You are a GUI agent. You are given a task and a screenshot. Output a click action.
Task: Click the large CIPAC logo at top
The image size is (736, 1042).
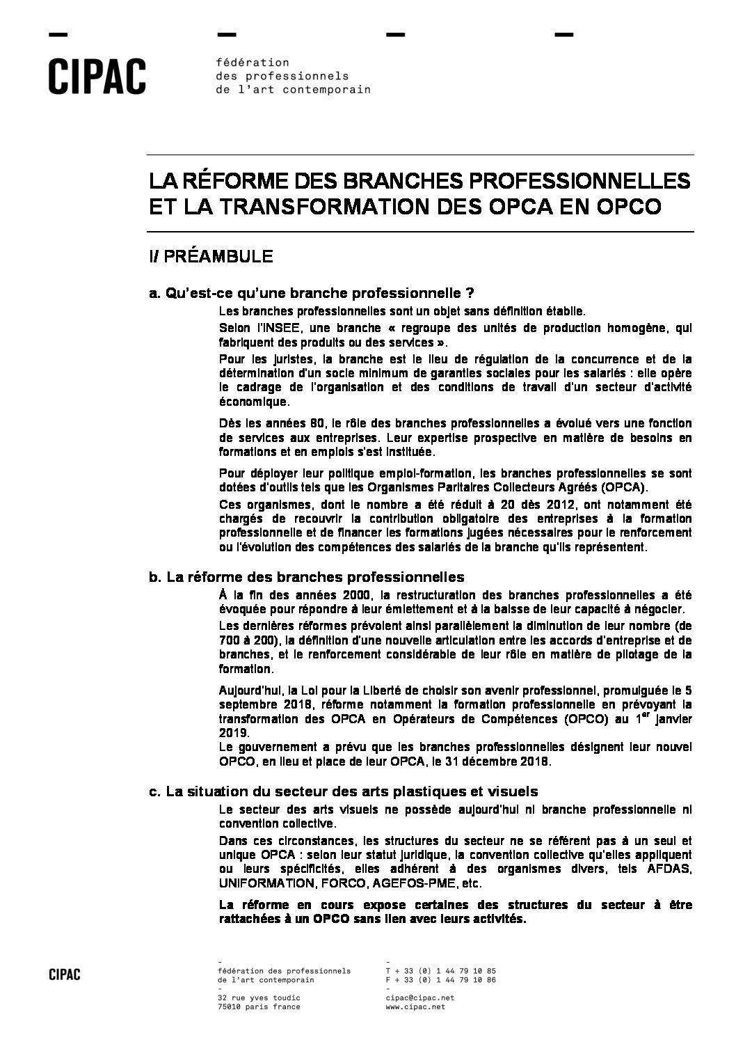point(97,77)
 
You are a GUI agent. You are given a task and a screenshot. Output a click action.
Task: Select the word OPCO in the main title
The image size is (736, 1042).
point(625,207)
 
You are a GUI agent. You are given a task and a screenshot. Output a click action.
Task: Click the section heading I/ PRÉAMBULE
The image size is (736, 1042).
point(210,256)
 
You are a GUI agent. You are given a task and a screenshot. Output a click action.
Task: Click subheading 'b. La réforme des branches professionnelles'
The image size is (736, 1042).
point(306,577)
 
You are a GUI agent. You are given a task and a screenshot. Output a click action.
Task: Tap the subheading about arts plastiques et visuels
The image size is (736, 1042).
point(344,791)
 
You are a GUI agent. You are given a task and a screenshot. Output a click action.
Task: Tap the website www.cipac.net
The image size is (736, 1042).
point(410,1007)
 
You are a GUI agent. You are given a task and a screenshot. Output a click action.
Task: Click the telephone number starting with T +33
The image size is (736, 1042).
point(440,970)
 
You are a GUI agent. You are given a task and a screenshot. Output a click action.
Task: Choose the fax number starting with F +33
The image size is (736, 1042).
point(440,979)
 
